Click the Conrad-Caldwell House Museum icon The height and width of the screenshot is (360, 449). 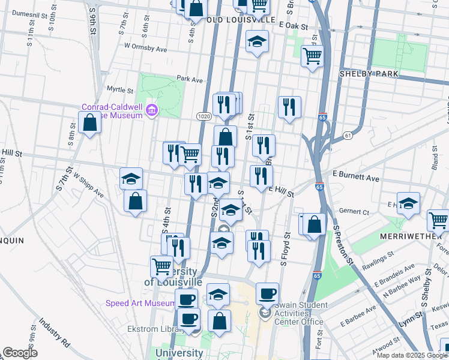[152, 109]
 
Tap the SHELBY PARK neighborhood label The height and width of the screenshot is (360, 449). [368, 73]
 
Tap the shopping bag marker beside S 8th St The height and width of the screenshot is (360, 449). [89, 123]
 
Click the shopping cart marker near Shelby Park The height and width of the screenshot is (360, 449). [312, 56]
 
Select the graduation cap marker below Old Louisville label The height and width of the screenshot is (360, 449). [258, 41]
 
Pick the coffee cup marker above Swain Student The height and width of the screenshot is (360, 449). [267, 294]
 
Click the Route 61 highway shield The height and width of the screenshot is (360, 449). [348, 136]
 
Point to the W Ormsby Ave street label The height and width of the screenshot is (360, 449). [145, 46]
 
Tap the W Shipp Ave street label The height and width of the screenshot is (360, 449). [89, 186]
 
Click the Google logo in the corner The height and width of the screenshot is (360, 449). [19, 353]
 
